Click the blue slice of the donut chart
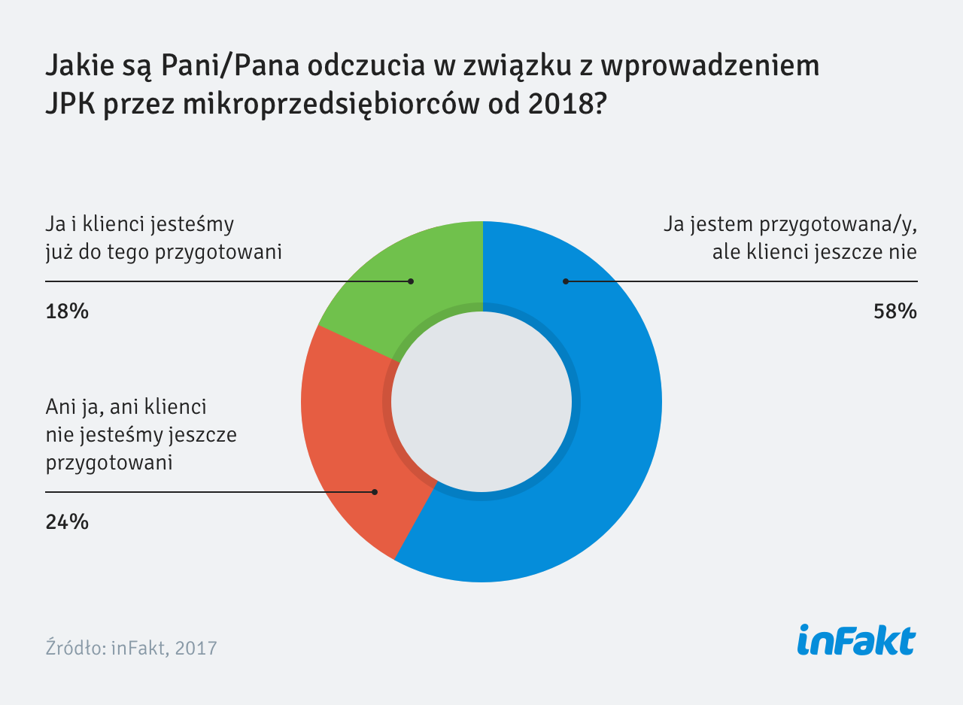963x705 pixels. [602, 451]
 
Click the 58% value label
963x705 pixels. [895, 311]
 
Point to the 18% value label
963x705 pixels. [67, 311]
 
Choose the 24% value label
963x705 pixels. [67, 521]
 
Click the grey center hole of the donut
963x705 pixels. [481, 402]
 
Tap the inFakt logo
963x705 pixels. [856, 641]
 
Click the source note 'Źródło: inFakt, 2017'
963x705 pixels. [131, 648]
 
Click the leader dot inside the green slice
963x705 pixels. [411, 281]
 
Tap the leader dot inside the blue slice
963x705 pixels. [565, 281]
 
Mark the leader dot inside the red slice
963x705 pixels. [375, 492]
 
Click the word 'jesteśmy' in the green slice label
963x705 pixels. [194, 225]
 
